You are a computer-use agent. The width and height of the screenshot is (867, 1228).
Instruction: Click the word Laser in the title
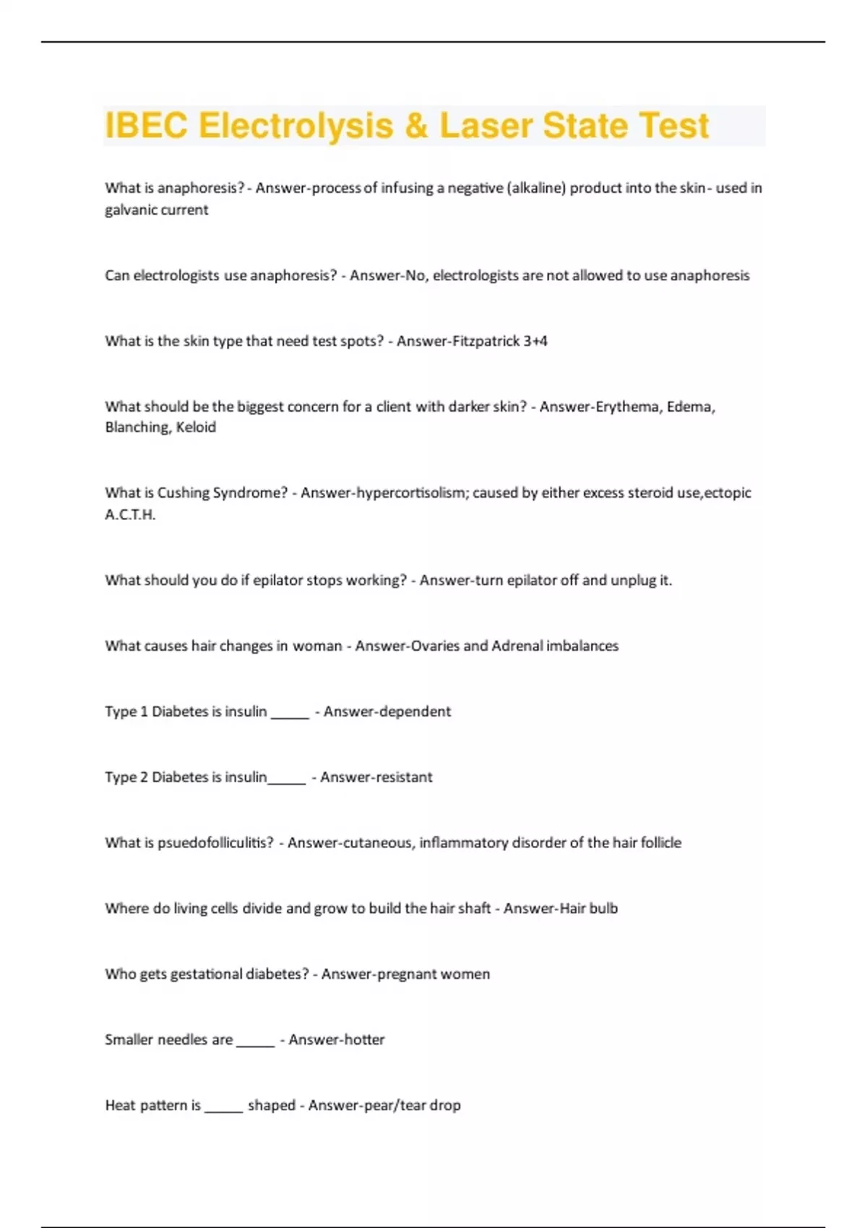(486, 126)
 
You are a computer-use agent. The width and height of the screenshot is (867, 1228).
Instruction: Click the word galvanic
(133, 210)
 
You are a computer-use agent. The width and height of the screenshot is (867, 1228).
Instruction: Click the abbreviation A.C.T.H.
(130, 514)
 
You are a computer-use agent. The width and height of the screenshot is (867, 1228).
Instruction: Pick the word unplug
(633, 580)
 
